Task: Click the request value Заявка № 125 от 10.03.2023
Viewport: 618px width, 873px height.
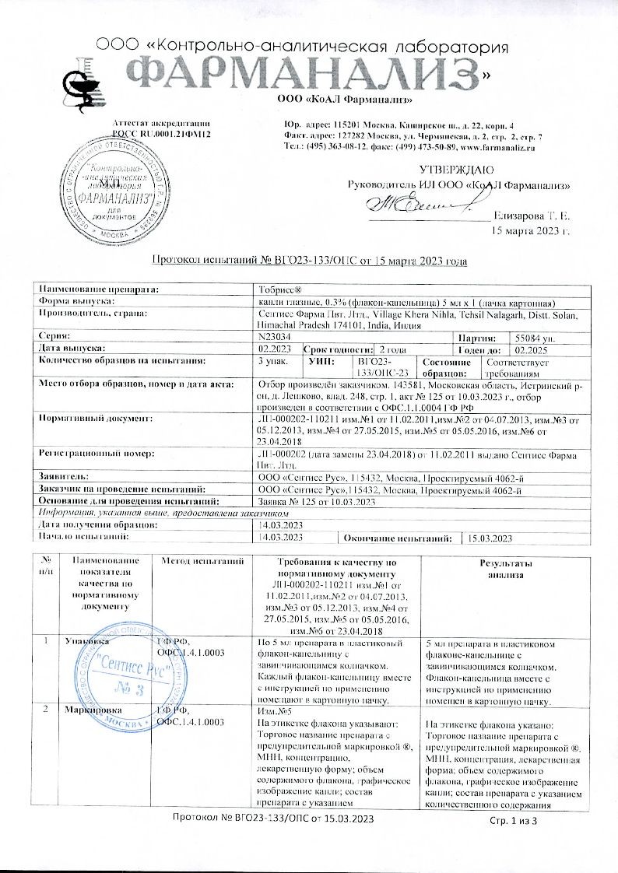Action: coord(317,502)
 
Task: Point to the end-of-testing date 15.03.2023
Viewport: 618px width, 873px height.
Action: coord(488,538)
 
